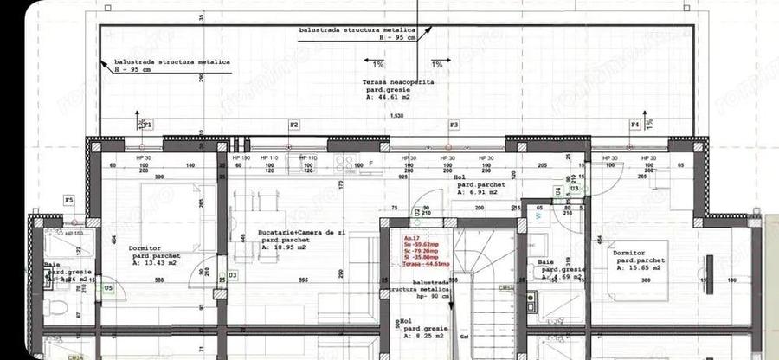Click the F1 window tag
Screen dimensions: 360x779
148,125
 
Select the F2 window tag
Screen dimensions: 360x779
294,125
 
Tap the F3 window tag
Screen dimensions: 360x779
453,125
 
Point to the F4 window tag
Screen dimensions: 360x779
634,125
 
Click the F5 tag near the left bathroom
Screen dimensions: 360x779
69,201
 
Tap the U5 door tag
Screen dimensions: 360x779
108,288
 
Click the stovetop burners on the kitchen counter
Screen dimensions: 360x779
347,162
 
